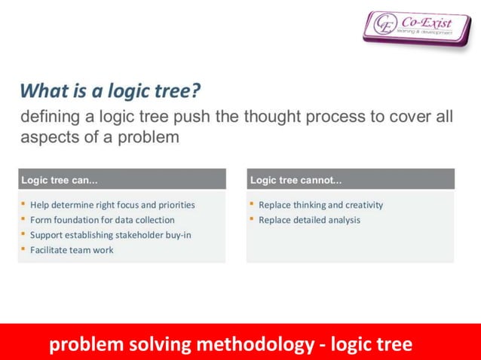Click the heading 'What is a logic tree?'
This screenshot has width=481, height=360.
coord(110,91)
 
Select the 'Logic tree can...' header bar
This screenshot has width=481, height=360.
coord(121,180)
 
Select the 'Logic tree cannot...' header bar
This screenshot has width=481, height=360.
coord(351,180)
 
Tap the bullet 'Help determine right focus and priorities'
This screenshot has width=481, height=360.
coord(112,205)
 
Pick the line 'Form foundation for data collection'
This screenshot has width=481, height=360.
coord(102,220)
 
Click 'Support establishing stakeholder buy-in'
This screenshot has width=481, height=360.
coord(110,235)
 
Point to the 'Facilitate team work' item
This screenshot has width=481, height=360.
coord(72,250)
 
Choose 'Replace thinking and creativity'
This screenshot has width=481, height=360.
coord(320,205)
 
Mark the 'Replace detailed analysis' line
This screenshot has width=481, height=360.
coord(309,220)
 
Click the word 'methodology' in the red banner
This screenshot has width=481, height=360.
coord(253,345)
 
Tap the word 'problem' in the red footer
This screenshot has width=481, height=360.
coord(85,345)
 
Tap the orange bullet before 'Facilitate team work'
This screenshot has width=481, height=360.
coord(23,249)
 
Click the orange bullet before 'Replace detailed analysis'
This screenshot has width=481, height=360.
coord(252,219)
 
